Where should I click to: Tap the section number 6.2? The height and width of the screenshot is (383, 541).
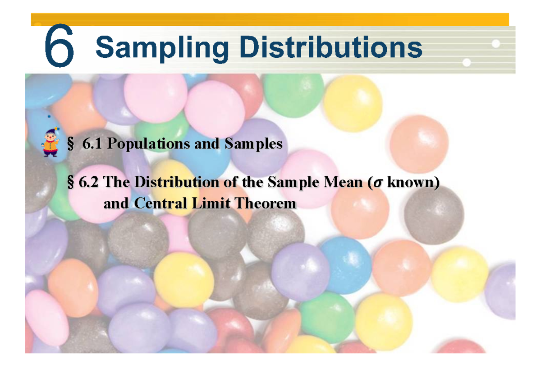89,183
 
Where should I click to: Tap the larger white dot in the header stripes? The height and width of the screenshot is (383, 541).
496,44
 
